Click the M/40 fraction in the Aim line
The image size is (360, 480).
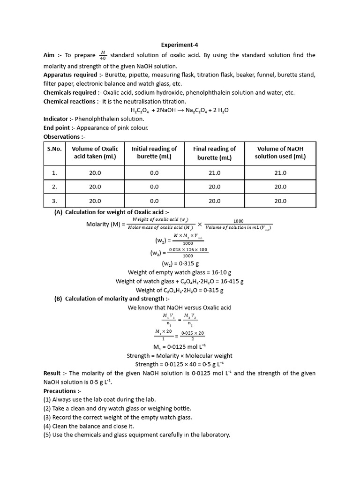103,55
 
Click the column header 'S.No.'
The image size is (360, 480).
54,149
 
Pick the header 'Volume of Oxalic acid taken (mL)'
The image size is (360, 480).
95,153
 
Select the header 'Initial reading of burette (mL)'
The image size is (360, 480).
154,153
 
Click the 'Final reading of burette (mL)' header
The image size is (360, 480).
214,153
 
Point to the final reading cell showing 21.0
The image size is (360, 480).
214,172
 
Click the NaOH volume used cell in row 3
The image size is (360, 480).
280,201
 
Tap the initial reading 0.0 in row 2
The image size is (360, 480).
154,187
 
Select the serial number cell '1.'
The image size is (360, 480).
54,172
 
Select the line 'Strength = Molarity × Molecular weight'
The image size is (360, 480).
180,356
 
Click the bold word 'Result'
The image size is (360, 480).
52,373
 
